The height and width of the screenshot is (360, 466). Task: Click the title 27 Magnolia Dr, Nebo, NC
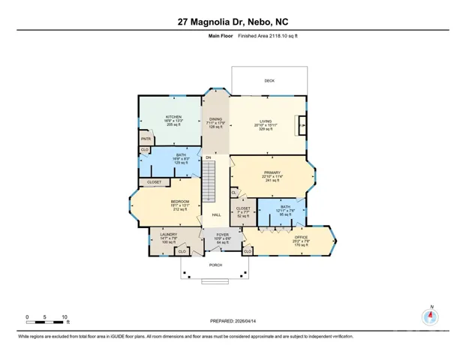[233, 22]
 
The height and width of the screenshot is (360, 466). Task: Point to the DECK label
[269, 80]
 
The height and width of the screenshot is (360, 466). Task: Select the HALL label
[216, 215]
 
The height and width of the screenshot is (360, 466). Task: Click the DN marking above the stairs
[209, 157]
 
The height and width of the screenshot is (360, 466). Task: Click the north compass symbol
[430, 315]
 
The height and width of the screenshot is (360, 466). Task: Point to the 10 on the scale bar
[65, 316]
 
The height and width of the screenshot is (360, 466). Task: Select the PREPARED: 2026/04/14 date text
[233, 320]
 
